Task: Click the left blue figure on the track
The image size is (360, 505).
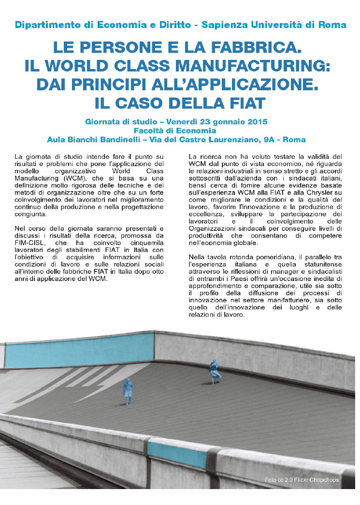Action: click(128, 391)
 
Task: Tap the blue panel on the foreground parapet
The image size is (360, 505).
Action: click(177, 454)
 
